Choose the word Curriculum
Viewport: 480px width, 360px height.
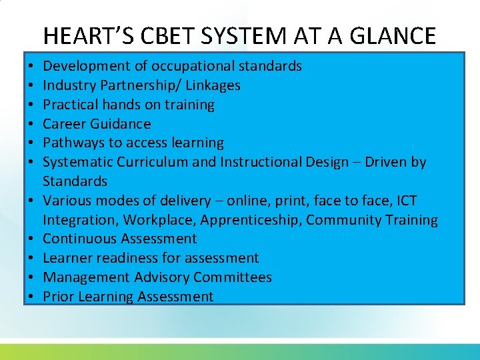[x=150, y=162]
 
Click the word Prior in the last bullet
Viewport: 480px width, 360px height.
[x=58, y=297]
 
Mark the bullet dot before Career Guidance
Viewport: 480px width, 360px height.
[x=31, y=124]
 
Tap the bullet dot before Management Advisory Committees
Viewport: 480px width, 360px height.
[x=31, y=277]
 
